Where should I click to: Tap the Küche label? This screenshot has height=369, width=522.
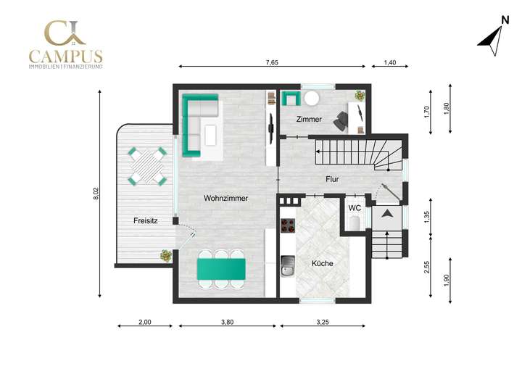pos(322,263)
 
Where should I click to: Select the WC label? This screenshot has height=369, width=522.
pos(355,208)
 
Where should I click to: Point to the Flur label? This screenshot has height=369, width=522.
pos(333,179)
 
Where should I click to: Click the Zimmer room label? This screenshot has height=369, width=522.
pos(309,119)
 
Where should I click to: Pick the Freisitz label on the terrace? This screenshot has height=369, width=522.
pos(146,220)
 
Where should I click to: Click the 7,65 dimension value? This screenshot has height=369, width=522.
pos(272,63)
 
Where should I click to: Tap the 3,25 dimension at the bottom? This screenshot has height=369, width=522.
pos(323,322)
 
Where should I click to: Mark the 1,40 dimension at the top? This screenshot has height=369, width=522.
pos(389,63)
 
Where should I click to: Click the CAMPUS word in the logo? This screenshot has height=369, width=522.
pos(65,56)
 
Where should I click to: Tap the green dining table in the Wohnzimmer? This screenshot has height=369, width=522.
pos(222,269)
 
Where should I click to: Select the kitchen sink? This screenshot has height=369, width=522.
pos(288,272)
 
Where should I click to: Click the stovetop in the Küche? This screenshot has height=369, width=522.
pos(288,225)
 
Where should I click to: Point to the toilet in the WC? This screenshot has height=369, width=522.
pos(355,223)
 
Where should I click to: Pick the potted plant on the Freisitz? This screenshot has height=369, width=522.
pos(167,255)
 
